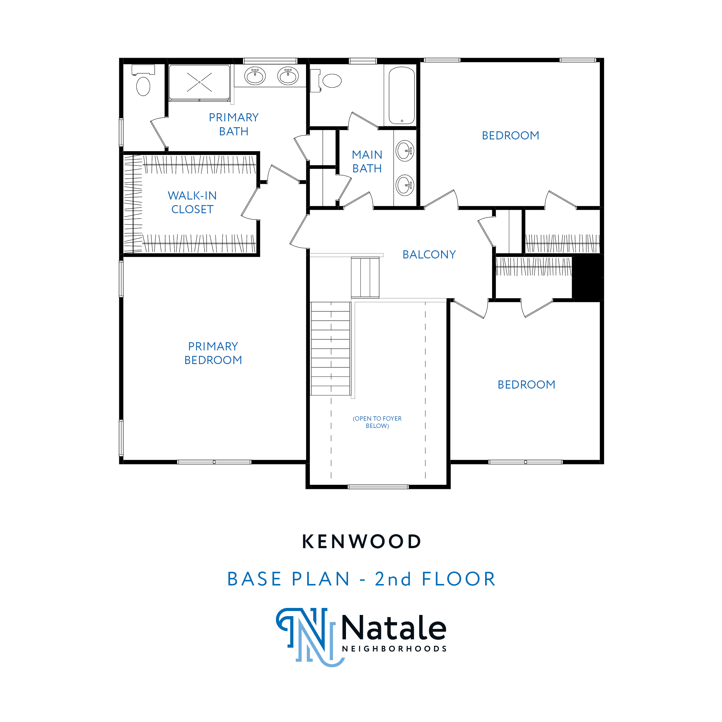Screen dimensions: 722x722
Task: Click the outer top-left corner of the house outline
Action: click(120, 58)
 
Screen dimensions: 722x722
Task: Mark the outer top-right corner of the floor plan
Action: click(604, 58)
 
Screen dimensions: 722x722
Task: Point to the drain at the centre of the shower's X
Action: click(199, 82)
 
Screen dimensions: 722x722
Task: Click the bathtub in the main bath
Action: click(401, 95)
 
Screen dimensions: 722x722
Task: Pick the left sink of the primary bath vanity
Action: click(255, 76)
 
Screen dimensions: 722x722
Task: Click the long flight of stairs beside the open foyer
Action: click(330, 348)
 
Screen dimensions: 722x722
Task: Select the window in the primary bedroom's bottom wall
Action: click(214, 462)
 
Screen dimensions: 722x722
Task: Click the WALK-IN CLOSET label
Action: click(192, 202)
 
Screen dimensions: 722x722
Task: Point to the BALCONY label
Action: click(429, 254)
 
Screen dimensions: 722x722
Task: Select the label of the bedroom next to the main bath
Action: click(511, 135)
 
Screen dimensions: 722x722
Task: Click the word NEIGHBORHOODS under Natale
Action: click(395, 649)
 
